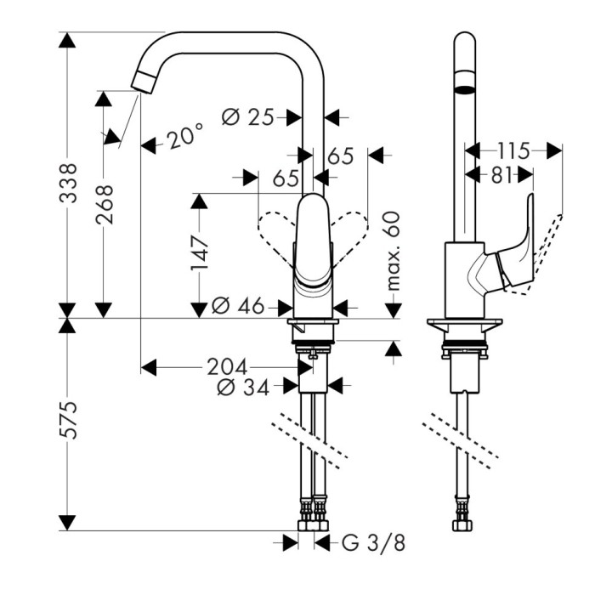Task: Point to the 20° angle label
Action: point(184,137)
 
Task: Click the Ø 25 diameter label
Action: point(247,116)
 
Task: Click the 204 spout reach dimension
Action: point(227,367)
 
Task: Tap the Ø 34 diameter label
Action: point(243,388)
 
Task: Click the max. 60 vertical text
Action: point(393,252)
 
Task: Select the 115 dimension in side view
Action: point(513,151)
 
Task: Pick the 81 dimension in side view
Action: point(500,174)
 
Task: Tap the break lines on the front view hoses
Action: point(310,440)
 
